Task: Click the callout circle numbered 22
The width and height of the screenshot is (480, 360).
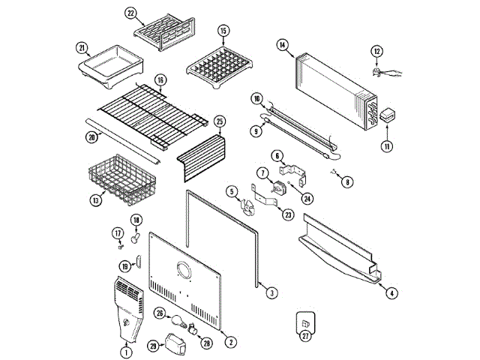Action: tap(130, 13)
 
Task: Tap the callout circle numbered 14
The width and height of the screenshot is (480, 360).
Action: tap(282, 45)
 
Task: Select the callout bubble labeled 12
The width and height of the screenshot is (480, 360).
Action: tap(377, 51)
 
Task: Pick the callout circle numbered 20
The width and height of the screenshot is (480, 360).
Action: tap(91, 137)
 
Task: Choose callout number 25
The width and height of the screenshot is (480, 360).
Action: tap(220, 121)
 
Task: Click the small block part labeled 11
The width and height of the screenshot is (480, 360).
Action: tap(388, 116)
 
